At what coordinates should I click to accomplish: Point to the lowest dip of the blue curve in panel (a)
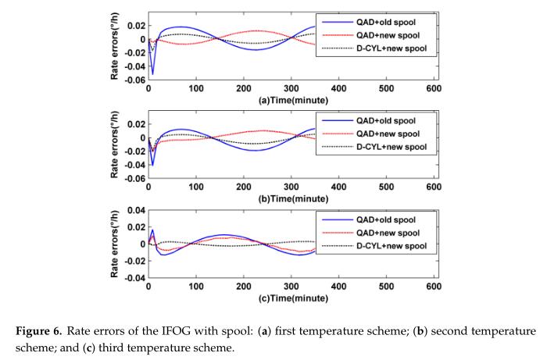click(152, 74)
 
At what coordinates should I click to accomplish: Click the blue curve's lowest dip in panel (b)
click(152, 165)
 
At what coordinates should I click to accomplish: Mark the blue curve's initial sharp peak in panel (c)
click(152, 230)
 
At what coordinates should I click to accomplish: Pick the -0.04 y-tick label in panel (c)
click(134, 278)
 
